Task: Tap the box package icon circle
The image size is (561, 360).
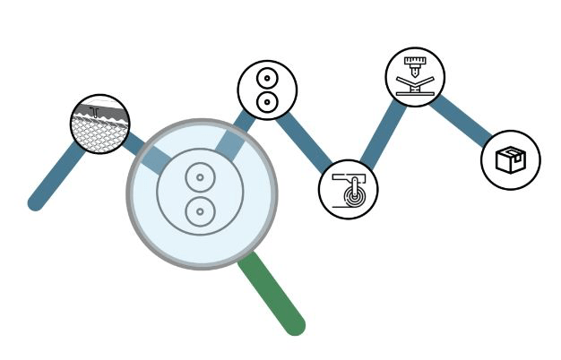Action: click(510, 160)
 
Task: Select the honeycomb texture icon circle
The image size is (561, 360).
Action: click(100, 124)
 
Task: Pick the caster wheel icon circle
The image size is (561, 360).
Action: click(348, 190)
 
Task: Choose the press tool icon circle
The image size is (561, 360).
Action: click(415, 77)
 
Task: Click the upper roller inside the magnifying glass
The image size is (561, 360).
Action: click(201, 177)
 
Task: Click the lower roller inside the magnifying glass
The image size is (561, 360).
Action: click(201, 212)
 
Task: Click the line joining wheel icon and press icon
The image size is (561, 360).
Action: click(382, 133)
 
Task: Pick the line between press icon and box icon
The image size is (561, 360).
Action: click(461, 119)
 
